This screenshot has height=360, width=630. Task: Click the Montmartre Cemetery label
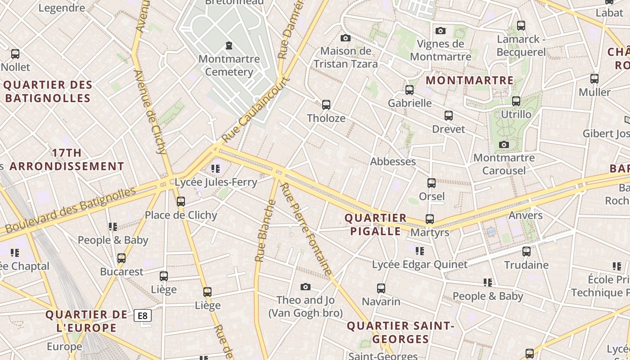coord(229,65)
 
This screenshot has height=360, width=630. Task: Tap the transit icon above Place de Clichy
coord(181,202)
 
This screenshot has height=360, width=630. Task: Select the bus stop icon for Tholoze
coord(326,105)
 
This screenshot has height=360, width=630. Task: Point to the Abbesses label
coord(392,162)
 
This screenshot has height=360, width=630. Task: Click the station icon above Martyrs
coord(430,219)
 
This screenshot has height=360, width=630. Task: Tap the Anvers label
coord(525,215)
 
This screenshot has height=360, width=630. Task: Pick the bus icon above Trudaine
coord(526,252)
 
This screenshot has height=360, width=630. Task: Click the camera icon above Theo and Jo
coord(306,287)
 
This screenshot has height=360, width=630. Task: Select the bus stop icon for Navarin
coord(381,288)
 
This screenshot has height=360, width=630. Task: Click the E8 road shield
coord(143,315)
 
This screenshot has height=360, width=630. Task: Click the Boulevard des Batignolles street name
coord(70,210)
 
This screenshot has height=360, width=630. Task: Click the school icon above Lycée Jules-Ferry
coord(216,169)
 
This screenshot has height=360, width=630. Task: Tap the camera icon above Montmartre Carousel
coord(504,144)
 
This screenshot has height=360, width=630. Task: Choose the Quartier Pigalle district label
coord(375,225)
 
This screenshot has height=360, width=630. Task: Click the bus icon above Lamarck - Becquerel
coord(521,26)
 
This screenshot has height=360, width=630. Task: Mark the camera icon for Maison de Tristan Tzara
coord(346,38)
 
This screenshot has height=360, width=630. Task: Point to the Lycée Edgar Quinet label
coord(419,264)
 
